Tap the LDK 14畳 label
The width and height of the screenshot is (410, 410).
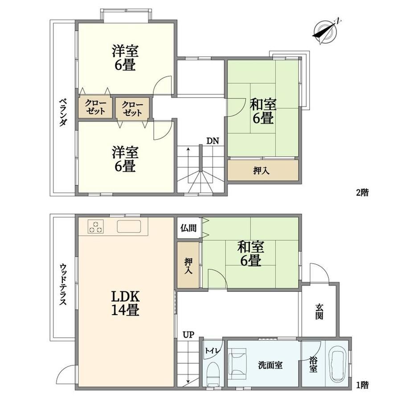125,303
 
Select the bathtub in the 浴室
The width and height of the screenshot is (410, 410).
339,364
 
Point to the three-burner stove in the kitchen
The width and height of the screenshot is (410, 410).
96,226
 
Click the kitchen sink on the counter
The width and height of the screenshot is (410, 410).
129,226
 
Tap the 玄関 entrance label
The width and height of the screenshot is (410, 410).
319,312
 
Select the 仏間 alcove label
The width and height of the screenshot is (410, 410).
188,228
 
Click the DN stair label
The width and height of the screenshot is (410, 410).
213,141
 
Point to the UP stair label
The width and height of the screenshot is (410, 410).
189,335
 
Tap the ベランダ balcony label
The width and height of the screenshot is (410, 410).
62,112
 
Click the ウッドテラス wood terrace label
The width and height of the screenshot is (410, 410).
63,284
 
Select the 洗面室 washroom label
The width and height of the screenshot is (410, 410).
270,365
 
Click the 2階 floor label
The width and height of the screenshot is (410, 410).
362,193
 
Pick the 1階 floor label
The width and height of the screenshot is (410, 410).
362,385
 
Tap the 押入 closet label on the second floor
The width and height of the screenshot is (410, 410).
261,171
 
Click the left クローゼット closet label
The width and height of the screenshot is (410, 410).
95,107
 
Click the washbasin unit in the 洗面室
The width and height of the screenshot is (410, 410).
238,363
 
